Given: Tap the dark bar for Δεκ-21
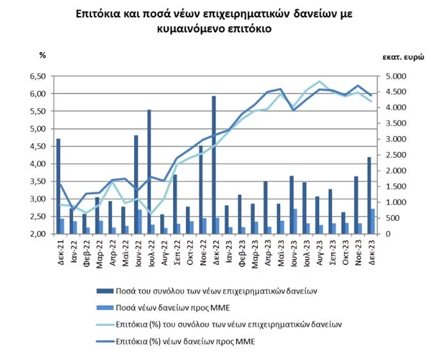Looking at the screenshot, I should [58, 186].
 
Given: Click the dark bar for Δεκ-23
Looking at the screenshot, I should [369, 195].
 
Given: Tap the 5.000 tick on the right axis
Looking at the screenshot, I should [392, 76].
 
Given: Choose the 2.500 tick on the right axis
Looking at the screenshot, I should [392, 155].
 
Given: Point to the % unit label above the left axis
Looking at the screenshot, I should [42, 55].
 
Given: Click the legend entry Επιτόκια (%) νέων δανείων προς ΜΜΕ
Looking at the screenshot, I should [185, 341].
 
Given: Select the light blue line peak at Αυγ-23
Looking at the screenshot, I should [319, 81].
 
